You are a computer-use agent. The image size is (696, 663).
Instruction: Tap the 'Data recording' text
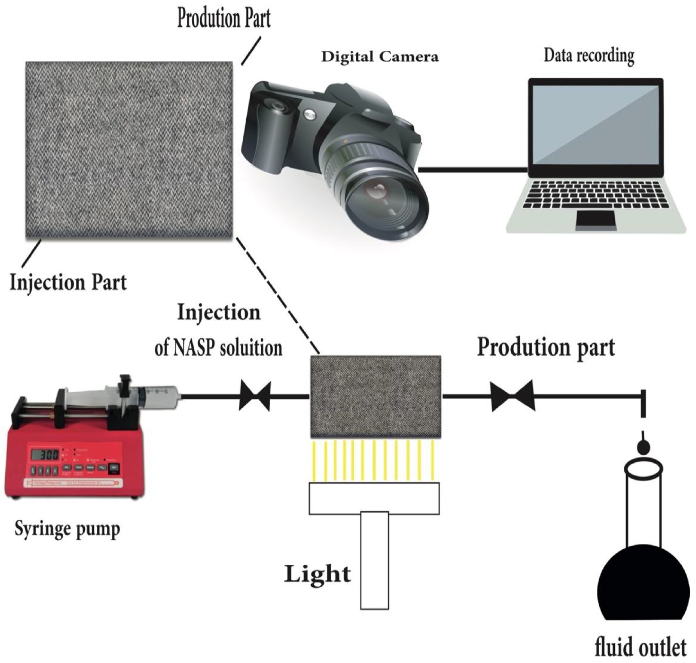[589, 56]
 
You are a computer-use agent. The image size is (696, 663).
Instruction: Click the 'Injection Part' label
[68, 283]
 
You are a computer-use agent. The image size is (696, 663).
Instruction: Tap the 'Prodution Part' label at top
[224, 18]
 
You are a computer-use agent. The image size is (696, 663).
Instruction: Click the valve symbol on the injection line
[255, 396]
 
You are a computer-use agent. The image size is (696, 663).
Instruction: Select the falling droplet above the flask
[643, 447]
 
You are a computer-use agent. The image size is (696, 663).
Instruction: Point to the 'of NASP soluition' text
[218, 348]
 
